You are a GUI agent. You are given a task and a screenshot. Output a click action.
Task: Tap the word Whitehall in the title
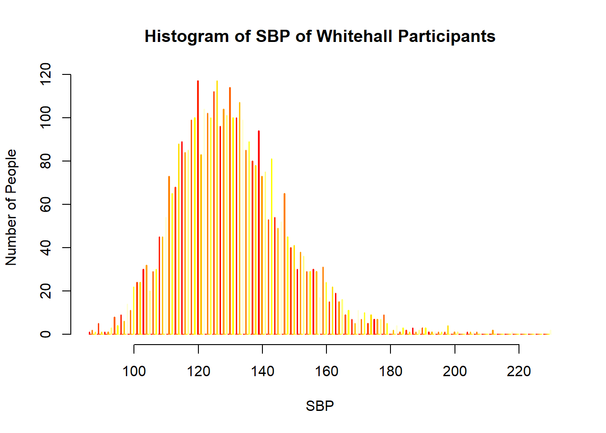coord(354,36)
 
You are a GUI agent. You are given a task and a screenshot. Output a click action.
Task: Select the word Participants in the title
coord(447,37)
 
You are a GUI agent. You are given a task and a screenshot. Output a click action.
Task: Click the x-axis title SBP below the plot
coord(320,406)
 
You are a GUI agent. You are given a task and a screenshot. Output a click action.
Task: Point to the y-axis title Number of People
coord(11,207)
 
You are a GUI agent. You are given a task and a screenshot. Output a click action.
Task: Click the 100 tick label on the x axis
coord(134,371)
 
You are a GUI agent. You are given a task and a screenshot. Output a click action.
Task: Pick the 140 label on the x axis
coord(262,371)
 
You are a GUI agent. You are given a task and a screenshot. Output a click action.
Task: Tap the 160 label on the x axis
coord(326,371)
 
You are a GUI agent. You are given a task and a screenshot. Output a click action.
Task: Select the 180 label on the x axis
coord(390,371)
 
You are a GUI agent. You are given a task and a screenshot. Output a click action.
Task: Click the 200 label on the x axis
coord(455,371)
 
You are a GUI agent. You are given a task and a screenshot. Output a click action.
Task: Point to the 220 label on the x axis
coord(519,371)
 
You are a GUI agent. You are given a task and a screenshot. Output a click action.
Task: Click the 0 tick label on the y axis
coord(45,334)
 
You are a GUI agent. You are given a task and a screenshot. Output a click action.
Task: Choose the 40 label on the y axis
coord(45,248)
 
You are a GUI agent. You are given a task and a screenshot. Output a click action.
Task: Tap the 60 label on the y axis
coord(45,204)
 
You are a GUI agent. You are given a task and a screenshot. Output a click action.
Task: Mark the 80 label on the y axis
coord(45,161)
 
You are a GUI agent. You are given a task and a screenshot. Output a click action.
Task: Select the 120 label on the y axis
coord(45,74)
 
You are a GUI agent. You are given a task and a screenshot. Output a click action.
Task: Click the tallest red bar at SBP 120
coord(198,207)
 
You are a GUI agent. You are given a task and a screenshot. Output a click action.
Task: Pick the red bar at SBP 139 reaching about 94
coord(259,232)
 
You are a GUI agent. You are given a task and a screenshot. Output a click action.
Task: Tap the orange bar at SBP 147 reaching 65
coord(285,264)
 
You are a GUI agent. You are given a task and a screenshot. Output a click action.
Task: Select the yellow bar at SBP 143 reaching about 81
coord(271,247)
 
